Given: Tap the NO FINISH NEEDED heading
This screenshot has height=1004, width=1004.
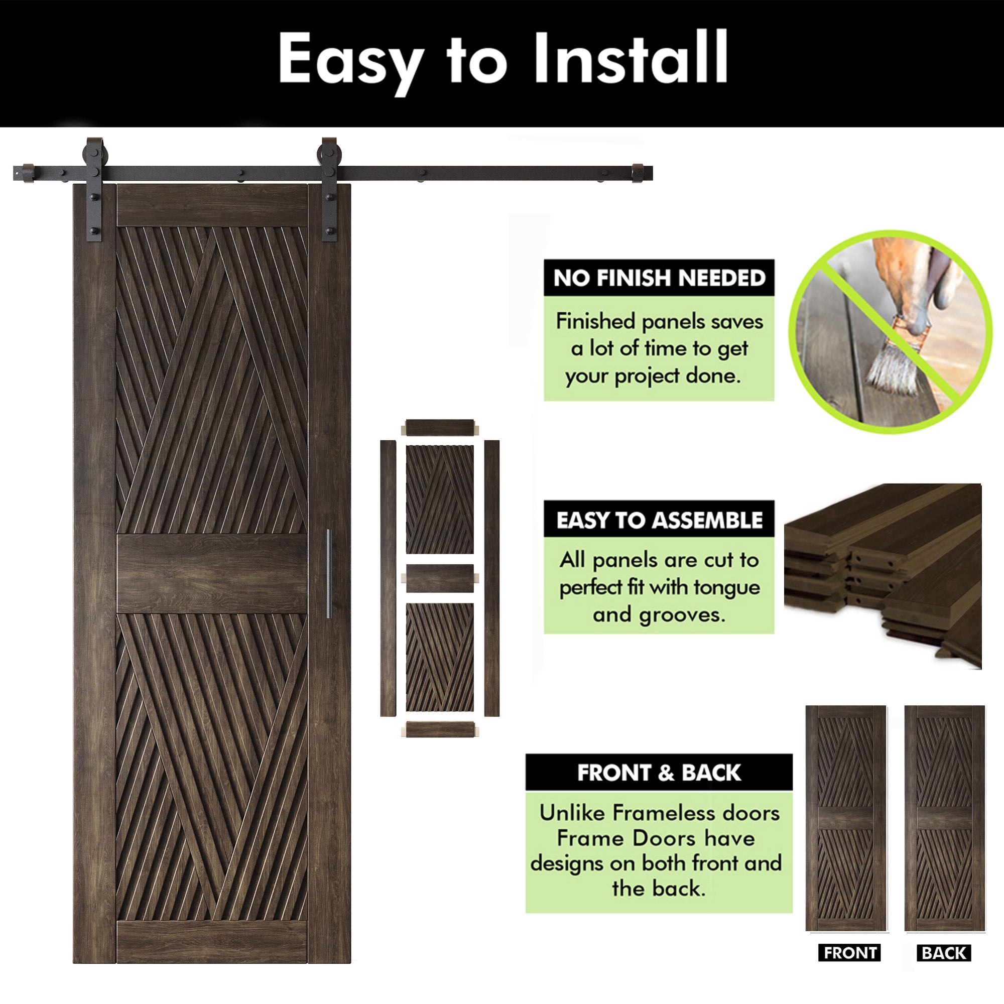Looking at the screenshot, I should (659, 278).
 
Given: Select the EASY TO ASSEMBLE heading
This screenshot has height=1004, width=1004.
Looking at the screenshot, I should (659, 520).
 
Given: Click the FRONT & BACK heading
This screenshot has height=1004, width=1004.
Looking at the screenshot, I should (659, 773).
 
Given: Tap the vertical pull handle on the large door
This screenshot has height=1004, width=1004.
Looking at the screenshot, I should (328, 574).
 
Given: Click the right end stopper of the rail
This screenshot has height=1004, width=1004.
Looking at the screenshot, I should (638, 173).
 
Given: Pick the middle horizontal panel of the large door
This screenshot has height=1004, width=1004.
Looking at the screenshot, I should (212, 574).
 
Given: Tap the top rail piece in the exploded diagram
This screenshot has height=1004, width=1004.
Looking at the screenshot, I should (440, 428).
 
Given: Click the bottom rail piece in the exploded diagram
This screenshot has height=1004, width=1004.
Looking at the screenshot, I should (440, 729).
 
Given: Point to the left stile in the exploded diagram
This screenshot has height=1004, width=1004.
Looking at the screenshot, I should (388, 578).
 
